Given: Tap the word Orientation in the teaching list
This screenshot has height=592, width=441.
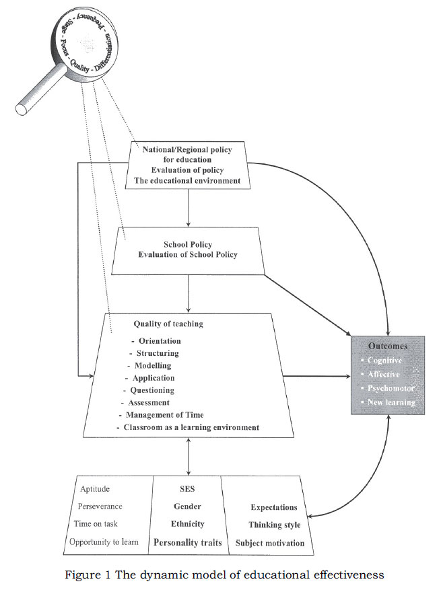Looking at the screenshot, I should [x=160, y=341].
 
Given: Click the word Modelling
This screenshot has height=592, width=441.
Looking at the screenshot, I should [x=153, y=365].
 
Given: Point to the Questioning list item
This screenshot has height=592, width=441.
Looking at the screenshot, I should [x=150, y=390].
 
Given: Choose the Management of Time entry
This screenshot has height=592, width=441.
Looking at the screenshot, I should [x=164, y=414].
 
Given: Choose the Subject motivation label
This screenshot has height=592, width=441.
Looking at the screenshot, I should [x=269, y=542].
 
